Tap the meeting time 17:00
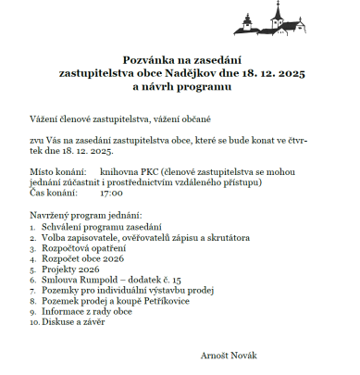coord(111,194)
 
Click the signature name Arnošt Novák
coord(229,355)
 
